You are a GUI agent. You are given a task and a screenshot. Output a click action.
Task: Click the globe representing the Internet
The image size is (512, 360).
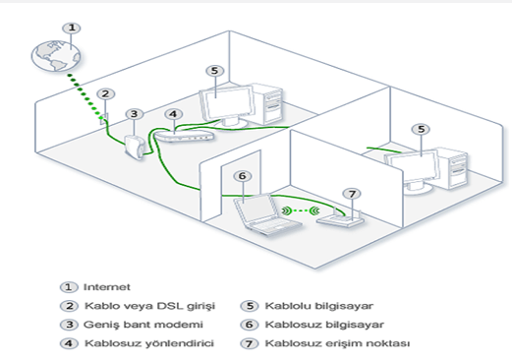[x=56, y=55]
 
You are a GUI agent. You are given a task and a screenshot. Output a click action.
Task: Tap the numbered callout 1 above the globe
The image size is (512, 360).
[x=72, y=29]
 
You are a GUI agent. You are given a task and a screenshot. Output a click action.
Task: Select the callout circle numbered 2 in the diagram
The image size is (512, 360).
[x=105, y=94]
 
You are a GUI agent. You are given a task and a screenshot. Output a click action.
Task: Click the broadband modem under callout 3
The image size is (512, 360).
[x=135, y=148]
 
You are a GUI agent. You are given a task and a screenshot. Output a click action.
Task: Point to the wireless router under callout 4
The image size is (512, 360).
[x=184, y=136]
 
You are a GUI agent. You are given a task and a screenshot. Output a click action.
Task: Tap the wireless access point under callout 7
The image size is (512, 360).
[x=341, y=218]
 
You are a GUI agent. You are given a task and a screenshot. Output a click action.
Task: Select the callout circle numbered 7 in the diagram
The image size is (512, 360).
[x=352, y=194]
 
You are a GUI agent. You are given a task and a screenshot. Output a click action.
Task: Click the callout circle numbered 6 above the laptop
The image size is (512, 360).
[x=243, y=176]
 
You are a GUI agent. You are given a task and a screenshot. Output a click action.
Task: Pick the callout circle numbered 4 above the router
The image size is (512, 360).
[x=173, y=114]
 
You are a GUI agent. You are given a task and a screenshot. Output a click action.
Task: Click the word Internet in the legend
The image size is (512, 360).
[x=107, y=287]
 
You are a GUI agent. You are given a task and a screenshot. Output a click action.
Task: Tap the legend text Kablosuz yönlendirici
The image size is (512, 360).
[x=149, y=343]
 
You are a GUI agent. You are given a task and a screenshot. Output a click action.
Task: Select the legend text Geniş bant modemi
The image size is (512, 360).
[x=143, y=325]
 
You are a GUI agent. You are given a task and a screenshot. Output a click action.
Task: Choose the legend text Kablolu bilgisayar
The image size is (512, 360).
[x=319, y=306]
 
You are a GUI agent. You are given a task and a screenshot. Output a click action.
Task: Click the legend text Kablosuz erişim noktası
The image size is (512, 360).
[x=337, y=343]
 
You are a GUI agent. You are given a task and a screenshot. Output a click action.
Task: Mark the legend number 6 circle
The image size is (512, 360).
[x=250, y=325]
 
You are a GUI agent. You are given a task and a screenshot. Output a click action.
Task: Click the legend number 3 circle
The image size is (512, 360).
[x=69, y=325]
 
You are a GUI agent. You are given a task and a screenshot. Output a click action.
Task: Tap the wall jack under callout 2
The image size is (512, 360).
[x=104, y=119]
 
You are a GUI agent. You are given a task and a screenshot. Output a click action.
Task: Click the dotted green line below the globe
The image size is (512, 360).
[x=85, y=95]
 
